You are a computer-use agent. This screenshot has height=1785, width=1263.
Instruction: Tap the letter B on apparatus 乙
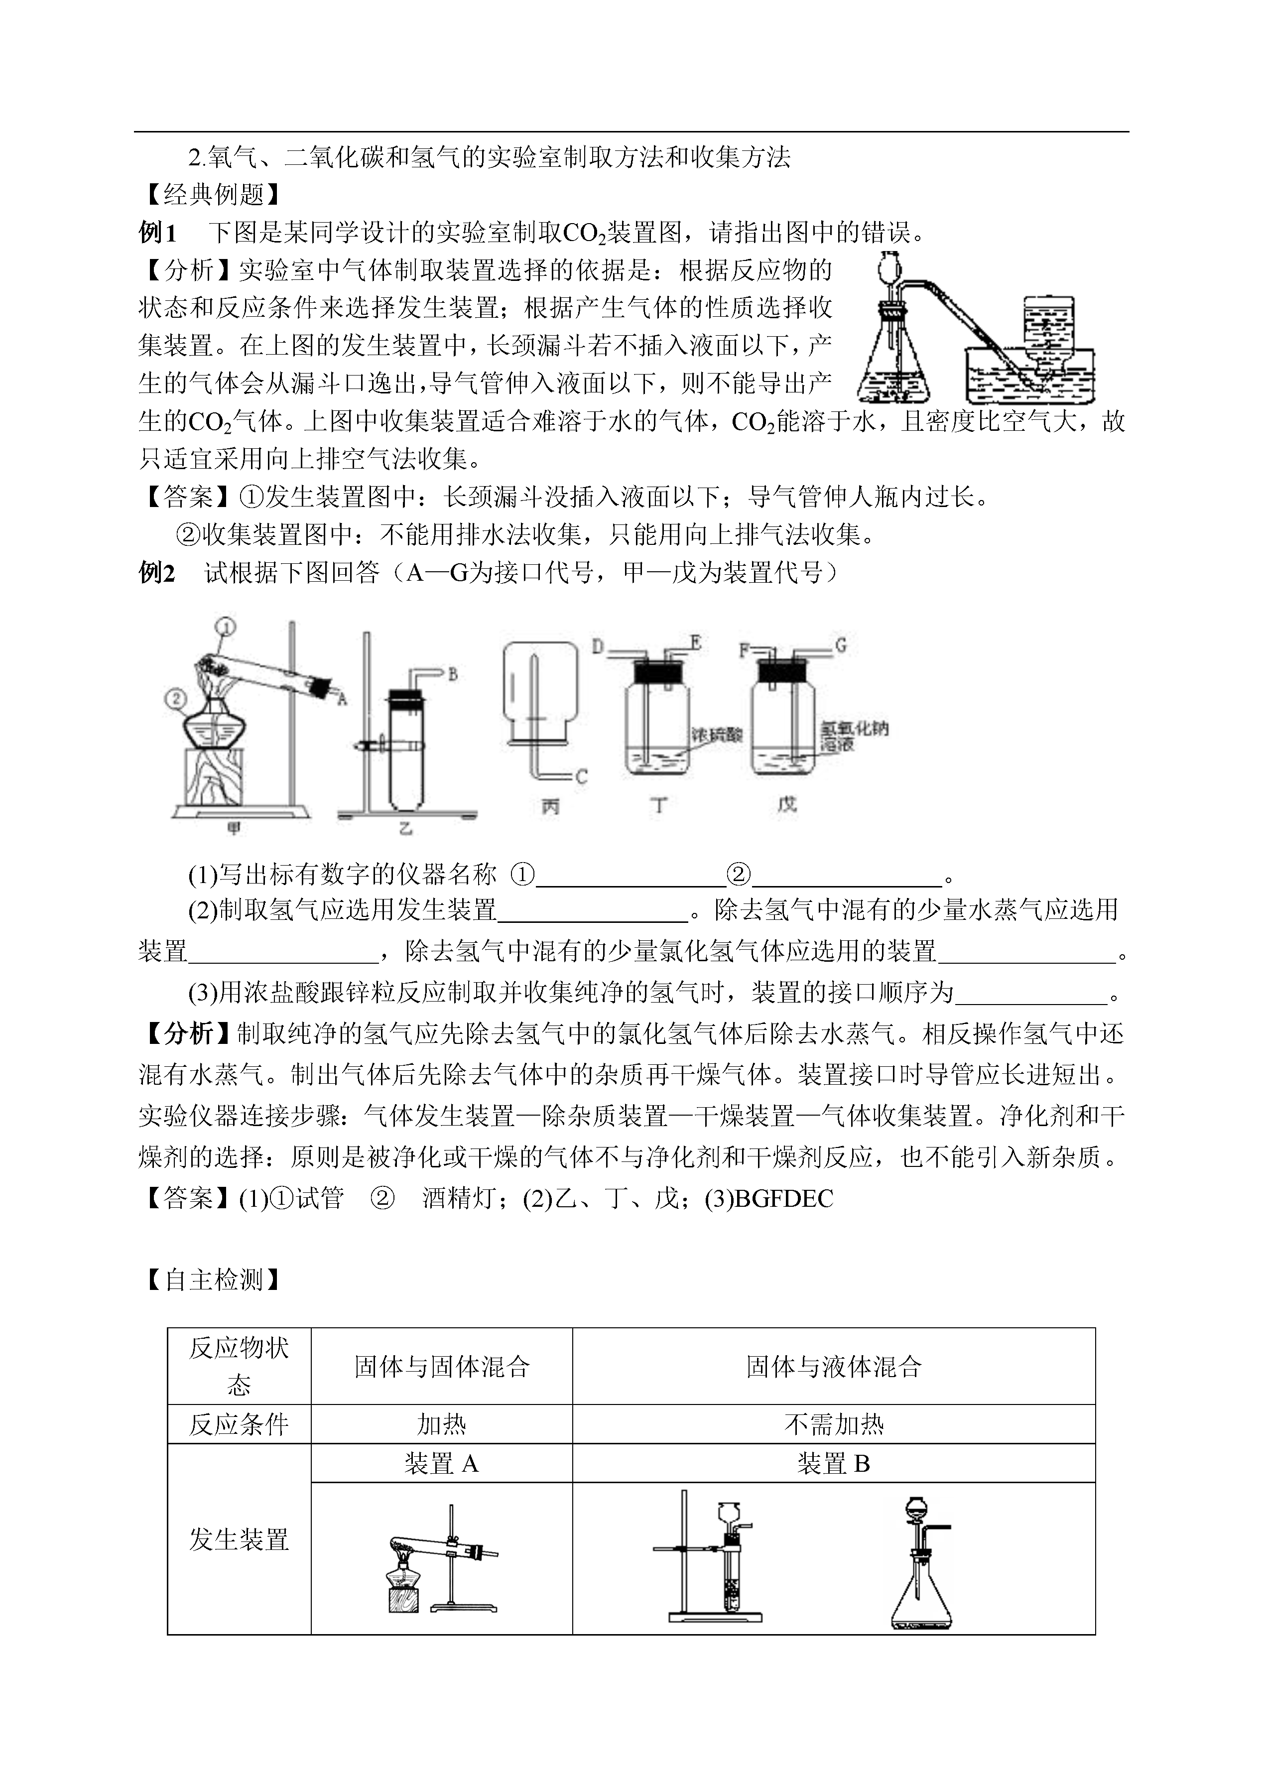(x=453, y=674)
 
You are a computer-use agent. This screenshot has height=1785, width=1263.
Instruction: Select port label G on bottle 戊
(x=840, y=645)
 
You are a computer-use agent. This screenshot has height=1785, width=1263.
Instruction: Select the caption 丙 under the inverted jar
(x=551, y=806)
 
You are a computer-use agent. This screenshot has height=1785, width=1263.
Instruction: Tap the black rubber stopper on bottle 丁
(x=659, y=671)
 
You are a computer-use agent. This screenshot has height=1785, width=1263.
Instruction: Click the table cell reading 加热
(x=441, y=1424)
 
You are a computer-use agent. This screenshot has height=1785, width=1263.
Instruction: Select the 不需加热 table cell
(x=834, y=1424)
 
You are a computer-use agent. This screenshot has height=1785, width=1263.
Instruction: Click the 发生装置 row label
(x=239, y=1539)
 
